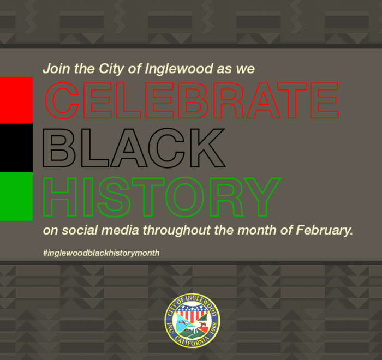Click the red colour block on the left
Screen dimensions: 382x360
[16, 100]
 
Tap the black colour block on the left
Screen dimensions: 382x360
[16, 148]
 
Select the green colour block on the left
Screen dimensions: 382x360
[16, 196]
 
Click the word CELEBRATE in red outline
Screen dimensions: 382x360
[192, 100]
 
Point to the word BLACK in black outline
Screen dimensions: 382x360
[134, 148]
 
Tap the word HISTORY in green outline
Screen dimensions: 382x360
[162, 197]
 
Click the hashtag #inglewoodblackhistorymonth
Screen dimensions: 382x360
[102, 253]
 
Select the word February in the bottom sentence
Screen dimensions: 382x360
[325, 230]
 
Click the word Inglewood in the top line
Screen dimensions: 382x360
[179, 69]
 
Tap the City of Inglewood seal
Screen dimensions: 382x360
[192, 321]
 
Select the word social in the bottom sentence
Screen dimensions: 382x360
[80, 230]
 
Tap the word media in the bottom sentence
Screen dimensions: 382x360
[120, 230]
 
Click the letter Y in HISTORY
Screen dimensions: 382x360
[263, 197]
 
